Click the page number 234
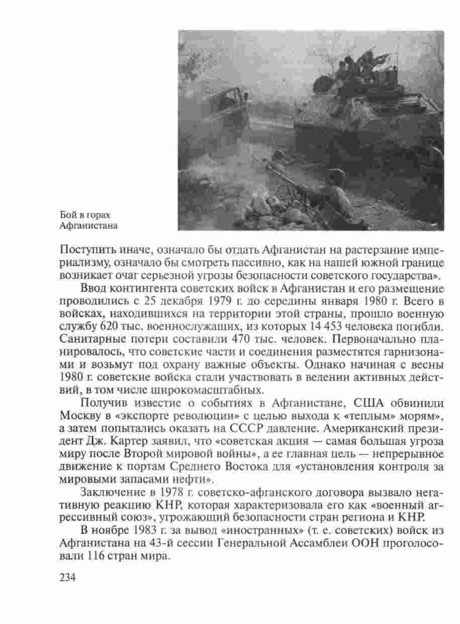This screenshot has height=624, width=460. click(x=67, y=578)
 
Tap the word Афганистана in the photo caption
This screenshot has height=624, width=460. click(x=88, y=225)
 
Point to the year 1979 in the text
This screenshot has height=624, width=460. click(x=174, y=303)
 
